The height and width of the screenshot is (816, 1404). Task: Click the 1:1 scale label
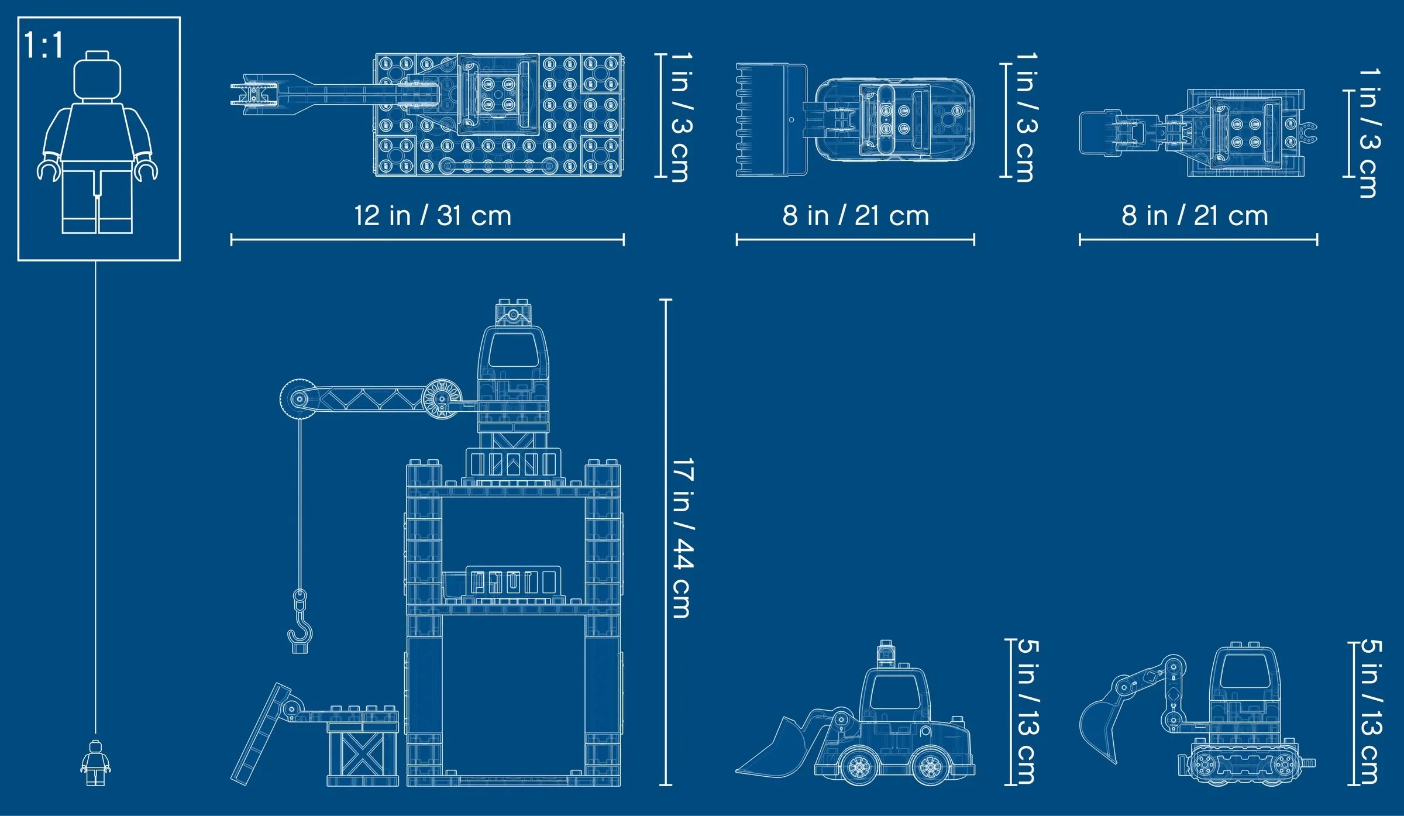[x=43, y=45]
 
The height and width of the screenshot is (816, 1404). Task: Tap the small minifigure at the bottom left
[x=95, y=763]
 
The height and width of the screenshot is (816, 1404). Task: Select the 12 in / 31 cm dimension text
[x=432, y=215]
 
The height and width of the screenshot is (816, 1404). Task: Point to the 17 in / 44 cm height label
[x=682, y=538]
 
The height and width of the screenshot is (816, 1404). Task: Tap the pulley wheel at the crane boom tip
[x=298, y=400]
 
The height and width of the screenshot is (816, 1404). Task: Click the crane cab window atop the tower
[x=512, y=350]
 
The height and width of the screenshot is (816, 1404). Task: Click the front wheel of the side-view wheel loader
[x=859, y=766]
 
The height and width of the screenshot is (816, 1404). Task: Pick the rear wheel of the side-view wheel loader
[x=930, y=766]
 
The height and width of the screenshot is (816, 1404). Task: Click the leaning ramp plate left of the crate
[x=260, y=734]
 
